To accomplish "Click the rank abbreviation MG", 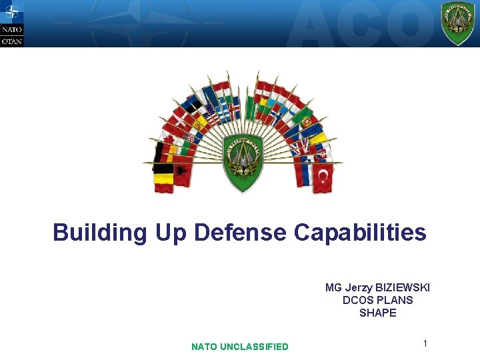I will [x=333, y=287].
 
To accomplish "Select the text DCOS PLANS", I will [x=377, y=300].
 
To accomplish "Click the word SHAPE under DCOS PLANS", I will [x=377, y=313].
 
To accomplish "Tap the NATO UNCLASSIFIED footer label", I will [x=240, y=347].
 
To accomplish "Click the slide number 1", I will [x=425, y=343].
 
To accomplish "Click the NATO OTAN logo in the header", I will [x=11, y=23].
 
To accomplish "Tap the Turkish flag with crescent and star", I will [x=323, y=176].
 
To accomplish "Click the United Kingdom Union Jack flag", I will [x=297, y=145].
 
